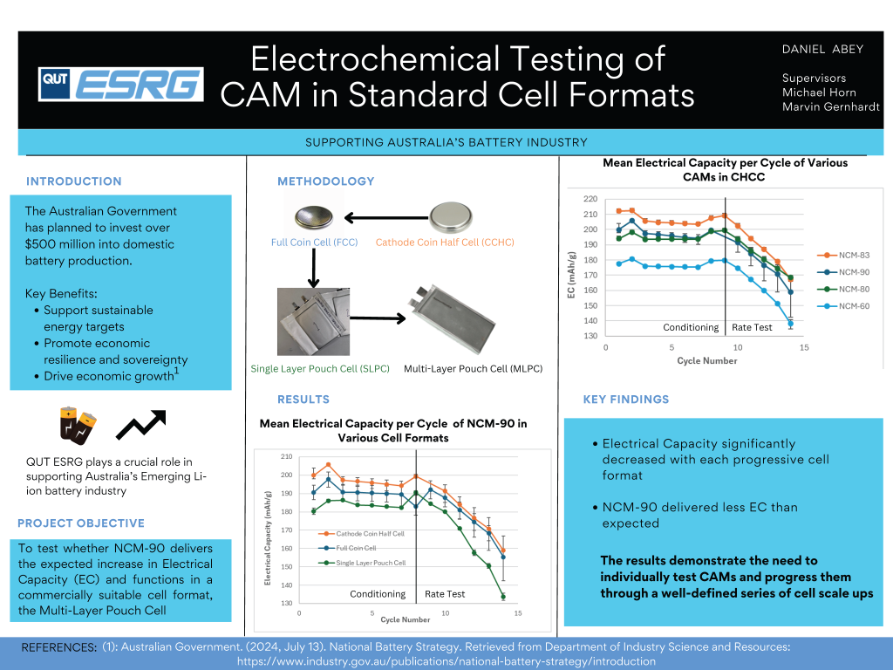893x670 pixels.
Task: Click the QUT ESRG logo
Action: point(121,85)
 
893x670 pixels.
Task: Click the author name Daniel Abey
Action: point(822,49)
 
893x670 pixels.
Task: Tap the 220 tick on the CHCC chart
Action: point(590,199)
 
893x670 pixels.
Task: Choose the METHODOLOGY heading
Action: point(325,181)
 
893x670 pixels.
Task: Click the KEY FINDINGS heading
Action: point(625,400)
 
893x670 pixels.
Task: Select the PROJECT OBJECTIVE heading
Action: point(81,523)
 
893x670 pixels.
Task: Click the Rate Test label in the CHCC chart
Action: point(752,328)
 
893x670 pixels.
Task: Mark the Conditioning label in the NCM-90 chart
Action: point(378,594)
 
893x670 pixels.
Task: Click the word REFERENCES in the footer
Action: point(58,648)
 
